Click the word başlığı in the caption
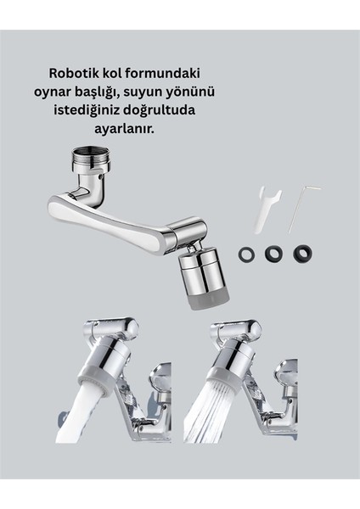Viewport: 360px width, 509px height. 143,92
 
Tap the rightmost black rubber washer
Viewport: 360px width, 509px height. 301,253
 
